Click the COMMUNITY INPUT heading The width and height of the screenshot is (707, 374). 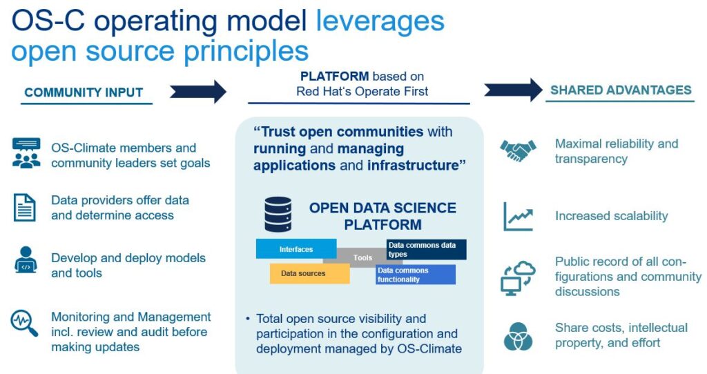pos(84,92)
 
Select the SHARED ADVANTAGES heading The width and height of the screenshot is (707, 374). pos(620,90)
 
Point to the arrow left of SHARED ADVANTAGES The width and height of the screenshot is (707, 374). pos(513,90)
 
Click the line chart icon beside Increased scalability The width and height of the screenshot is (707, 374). pos(518,216)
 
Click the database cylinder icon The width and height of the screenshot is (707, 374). pos(278,215)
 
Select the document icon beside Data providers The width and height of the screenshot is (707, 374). pos(25,208)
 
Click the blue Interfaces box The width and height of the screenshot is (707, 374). pos(296,249)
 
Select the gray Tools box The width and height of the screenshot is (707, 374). pos(362,257)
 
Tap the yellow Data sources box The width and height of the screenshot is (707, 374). pos(309,274)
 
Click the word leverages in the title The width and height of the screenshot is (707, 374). pos(380,21)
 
